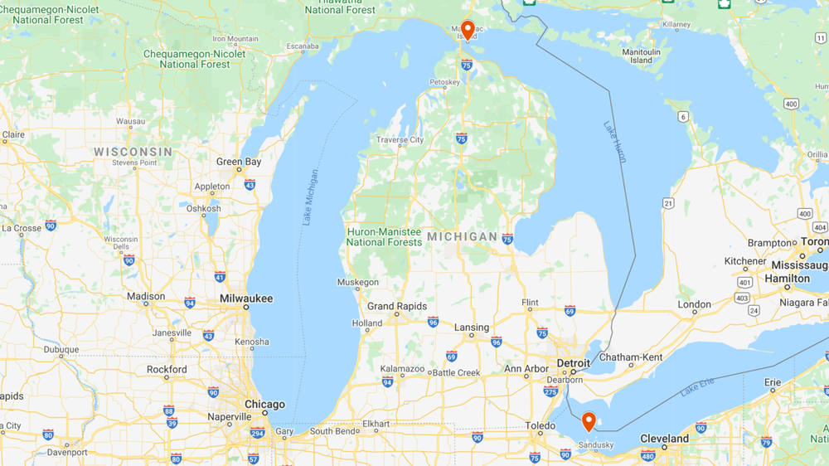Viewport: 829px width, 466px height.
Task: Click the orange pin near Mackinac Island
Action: pyautogui.click(x=468, y=30)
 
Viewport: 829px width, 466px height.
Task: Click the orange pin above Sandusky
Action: pyautogui.click(x=589, y=421)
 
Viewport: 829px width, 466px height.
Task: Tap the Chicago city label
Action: pyautogui.click(x=264, y=405)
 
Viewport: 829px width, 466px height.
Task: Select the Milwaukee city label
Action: pyautogui.click(x=245, y=299)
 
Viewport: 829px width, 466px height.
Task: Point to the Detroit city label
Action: pyautogui.click(x=573, y=363)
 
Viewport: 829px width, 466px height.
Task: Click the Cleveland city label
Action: pyautogui.click(x=664, y=438)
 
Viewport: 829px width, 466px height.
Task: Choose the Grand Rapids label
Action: pyautogui.click(x=397, y=306)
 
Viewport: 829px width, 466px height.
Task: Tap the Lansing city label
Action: pyautogui.click(x=472, y=328)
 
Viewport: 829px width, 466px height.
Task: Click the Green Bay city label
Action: pyautogui.click(x=239, y=162)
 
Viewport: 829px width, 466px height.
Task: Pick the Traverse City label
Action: pyautogui.click(x=400, y=140)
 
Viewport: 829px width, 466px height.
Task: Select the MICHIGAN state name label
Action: pyautogui.click(x=463, y=237)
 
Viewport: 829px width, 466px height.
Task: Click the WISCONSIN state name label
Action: pyautogui.click(x=133, y=152)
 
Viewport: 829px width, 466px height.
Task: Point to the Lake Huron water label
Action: pyautogui.click(x=615, y=142)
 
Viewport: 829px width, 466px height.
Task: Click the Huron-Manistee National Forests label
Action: pyautogui.click(x=384, y=237)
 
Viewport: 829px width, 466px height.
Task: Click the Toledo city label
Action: pyautogui.click(x=540, y=425)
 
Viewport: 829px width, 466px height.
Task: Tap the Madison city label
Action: pyautogui.click(x=146, y=296)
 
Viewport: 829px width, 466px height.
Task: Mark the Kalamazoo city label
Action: pyautogui.click(x=402, y=368)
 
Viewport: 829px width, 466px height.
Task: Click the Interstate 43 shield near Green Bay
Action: pyautogui.click(x=250, y=184)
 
